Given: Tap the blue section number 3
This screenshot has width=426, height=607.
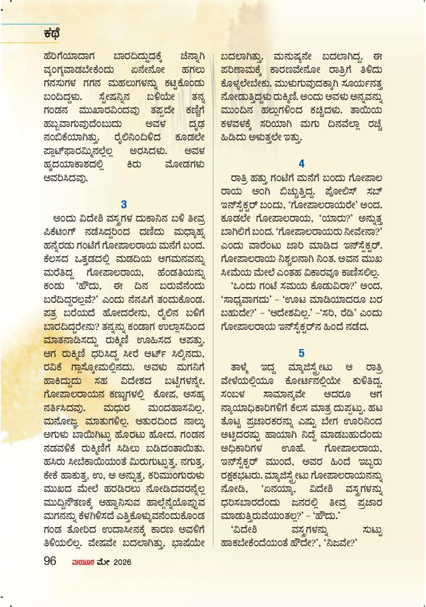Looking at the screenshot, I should pyautogui.click(x=124, y=205).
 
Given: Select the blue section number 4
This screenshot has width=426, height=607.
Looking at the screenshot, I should pyautogui.click(x=302, y=164).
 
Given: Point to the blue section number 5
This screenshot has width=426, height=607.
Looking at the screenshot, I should pyautogui.click(x=302, y=353).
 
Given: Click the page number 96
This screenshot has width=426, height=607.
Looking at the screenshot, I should pyautogui.click(x=50, y=561).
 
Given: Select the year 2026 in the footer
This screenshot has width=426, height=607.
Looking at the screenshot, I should pyautogui.click(x=122, y=562).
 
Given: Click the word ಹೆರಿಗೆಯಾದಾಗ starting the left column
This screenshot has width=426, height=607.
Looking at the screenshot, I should pyautogui.click(x=66, y=57).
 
